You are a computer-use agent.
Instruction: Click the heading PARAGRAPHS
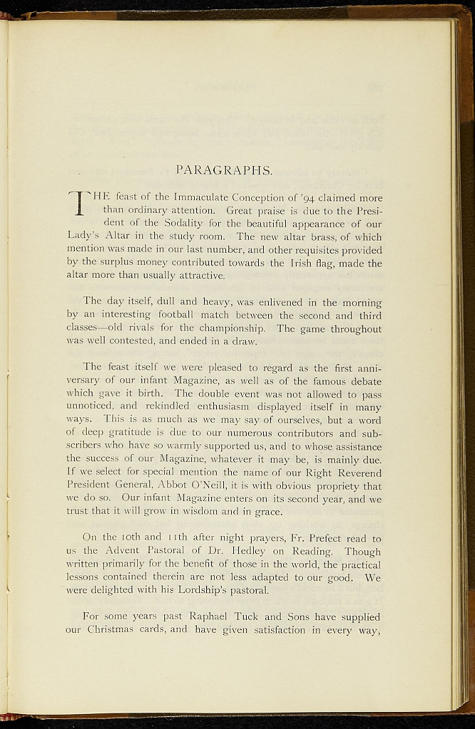click(x=224, y=169)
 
